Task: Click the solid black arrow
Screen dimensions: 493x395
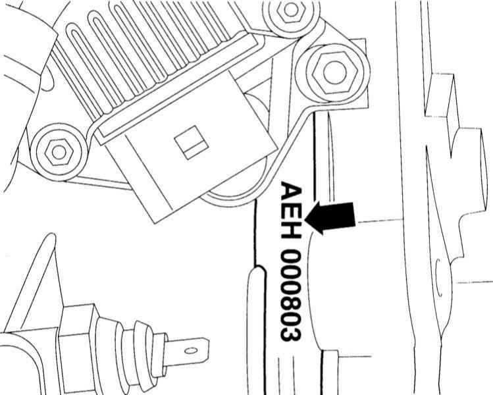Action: pos(330,218)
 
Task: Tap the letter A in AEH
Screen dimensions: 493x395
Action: pos(291,191)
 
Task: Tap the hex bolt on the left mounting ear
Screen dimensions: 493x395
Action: pos(59,152)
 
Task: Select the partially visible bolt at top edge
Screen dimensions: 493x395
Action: pos(290,11)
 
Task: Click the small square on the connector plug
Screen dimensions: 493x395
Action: pos(192,142)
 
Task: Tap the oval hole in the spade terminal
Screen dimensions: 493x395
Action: pos(191,351)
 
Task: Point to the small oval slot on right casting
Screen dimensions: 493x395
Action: pos(438,278)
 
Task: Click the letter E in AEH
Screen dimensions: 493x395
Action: pos(291,213)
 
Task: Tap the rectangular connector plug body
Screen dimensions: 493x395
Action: pos(189,146)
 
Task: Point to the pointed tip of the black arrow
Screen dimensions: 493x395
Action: pos(305,219)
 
